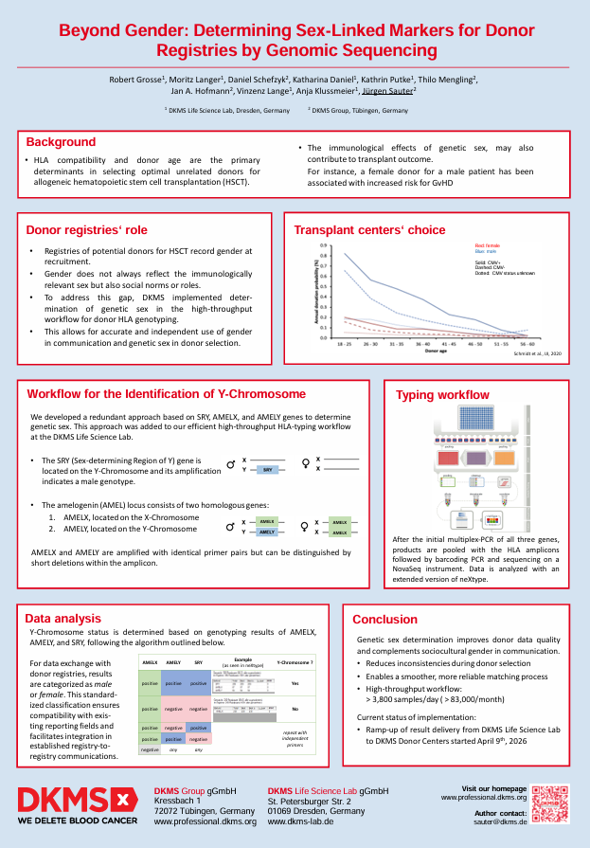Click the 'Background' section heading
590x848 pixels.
pos(61,142)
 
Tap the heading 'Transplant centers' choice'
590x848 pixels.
pos(368,230)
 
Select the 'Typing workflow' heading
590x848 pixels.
pos(442,395)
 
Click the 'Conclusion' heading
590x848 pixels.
pos(384,620)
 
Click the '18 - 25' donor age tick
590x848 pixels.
pos(344,346)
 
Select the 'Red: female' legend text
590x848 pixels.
pos(487,245)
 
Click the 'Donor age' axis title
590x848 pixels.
pos(435,352)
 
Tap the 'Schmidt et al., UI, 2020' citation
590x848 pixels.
pos(537,352)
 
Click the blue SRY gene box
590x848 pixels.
pos(269,468)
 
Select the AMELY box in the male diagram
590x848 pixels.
pos(267,532)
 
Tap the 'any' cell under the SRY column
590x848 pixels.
pos(198,749)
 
